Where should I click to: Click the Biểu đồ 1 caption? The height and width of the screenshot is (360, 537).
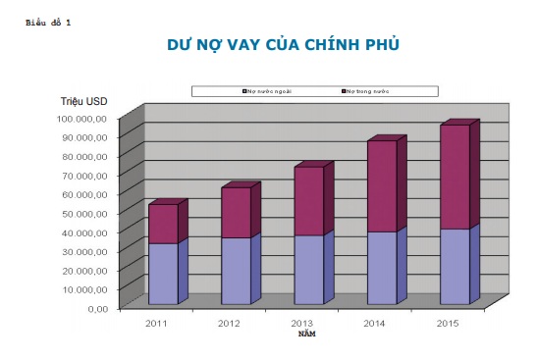(49, 21)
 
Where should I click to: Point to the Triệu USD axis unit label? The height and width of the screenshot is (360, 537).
(82, 102)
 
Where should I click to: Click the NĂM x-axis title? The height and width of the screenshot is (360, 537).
(307, 334)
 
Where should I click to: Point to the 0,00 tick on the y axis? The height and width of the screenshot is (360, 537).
(97, 308)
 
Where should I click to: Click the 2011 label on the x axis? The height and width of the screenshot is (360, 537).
(156, 323)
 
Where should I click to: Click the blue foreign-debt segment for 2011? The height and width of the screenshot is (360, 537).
(162, 274)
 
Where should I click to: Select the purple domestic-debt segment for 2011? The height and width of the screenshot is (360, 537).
(162, 224)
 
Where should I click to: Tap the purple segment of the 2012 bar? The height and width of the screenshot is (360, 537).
(236, 213)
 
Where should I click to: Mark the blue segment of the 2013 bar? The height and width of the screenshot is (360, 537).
(308, 270)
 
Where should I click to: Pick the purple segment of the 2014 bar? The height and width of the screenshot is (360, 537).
(382, 186)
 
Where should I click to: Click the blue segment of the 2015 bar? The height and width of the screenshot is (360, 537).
(455, 267)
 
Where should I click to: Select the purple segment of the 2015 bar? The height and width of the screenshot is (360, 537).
(455, 177)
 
